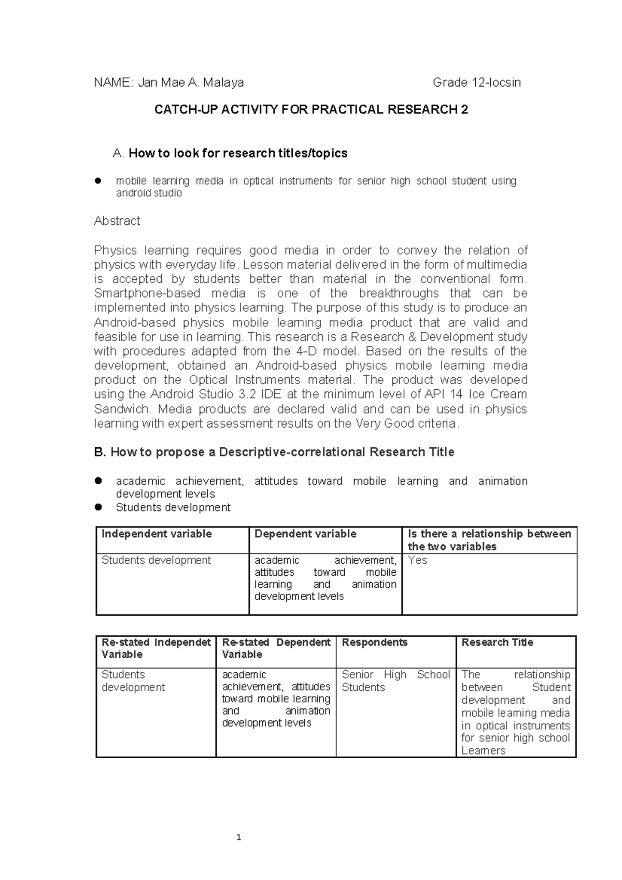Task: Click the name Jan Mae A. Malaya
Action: [x=191, y=82]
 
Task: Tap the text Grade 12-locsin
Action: [x=476, y=82]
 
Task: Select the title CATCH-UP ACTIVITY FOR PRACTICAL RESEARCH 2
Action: [x=311, y=110]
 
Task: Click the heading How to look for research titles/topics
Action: [x=237, y=153]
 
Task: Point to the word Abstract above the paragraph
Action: [x=117, y=221]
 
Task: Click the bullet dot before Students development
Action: [x=98, y=507]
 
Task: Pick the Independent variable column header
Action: [x=157, y=534]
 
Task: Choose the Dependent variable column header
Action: [x=305, y=534]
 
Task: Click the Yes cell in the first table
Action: [x=417, y=560]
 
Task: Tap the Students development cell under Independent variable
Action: [x=156, y=560]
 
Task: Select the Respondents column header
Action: [x=374, y=643]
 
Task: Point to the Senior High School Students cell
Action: [x=395, y=681]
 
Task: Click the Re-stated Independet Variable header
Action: [x=155, y=648]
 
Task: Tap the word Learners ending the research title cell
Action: [x=483, y=751]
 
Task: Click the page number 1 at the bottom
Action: [x=238, y=837]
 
